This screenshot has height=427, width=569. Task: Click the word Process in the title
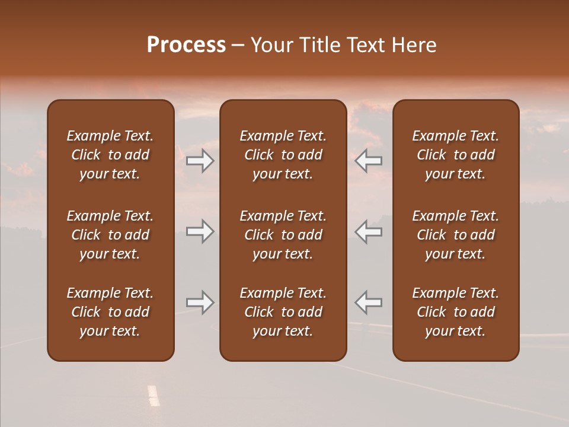click(x=186, y=45)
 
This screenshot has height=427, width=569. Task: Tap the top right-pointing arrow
click(x=200, y=160)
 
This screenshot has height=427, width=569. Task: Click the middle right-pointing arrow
click(x=200, y=231)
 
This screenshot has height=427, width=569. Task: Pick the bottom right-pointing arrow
click(x=200, y=302)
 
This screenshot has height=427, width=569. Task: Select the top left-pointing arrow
click(x=369, y=160)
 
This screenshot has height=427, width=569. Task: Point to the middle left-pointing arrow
click(x=369, y=231)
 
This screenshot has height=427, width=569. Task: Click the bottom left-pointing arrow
click(x=369, y=302)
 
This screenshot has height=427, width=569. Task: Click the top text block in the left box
click(x=110, y=155)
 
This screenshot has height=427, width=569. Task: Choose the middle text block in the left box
click(x=110, y=235)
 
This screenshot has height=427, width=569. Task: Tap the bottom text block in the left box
click(x=110, y=312)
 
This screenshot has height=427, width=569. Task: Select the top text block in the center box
click(x=283, y=155)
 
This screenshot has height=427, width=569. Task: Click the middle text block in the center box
click(x=283, y=235)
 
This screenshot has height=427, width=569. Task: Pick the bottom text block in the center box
click(x=283, y=312)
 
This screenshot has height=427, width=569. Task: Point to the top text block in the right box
click(x=456, y=155)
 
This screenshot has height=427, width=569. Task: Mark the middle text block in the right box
click(x=456, y=235)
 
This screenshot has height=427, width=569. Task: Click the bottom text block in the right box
click(x=456, y=312)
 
